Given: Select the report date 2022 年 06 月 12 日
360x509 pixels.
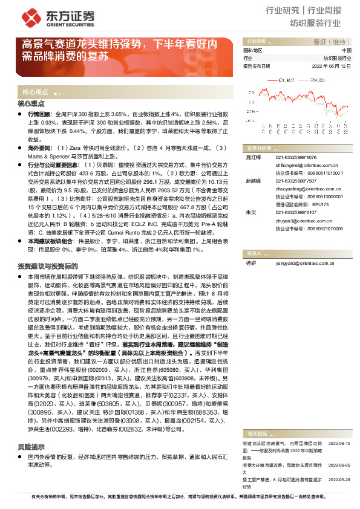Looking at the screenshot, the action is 331,66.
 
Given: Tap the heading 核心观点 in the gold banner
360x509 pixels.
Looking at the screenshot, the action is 36,92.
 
